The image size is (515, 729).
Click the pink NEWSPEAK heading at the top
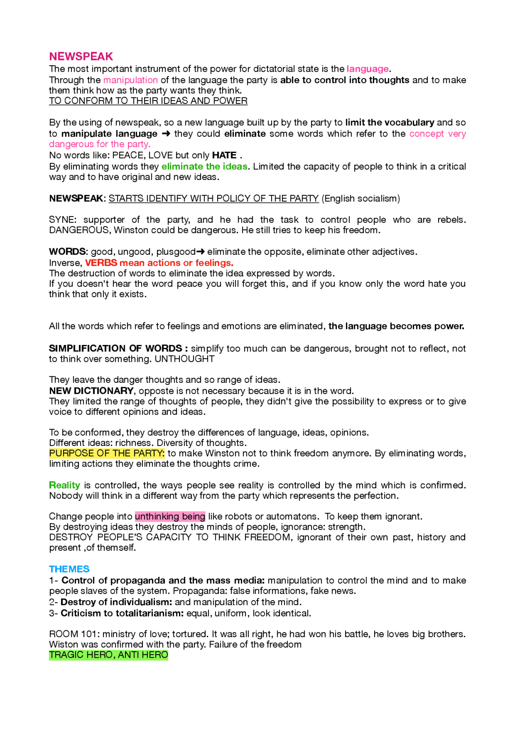pos(81,56)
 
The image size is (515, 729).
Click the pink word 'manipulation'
pos(130,80)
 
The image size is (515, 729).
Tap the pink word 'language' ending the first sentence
pos(367,69)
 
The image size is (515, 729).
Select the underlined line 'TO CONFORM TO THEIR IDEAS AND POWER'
pos(148,101)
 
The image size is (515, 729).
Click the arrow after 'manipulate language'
pos(166,134)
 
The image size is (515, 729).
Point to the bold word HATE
pos(224,155)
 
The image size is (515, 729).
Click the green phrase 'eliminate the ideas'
pos(204,167)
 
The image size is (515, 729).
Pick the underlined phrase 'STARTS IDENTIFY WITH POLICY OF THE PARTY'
pos(214,198)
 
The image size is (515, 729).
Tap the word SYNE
pos(62,220)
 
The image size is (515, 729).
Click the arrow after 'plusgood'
pos(201,252)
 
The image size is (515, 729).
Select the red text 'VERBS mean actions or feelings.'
pos(159,263)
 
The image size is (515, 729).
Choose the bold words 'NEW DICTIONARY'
pos(91,391)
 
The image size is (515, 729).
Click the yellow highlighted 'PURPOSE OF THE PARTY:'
pos(107,454)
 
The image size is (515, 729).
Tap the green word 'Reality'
pos(64,485)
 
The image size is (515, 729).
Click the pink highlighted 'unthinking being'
pos(170,516)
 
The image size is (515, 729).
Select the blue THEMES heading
pos(69,569)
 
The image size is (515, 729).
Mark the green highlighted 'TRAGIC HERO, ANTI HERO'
pos(108,655)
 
